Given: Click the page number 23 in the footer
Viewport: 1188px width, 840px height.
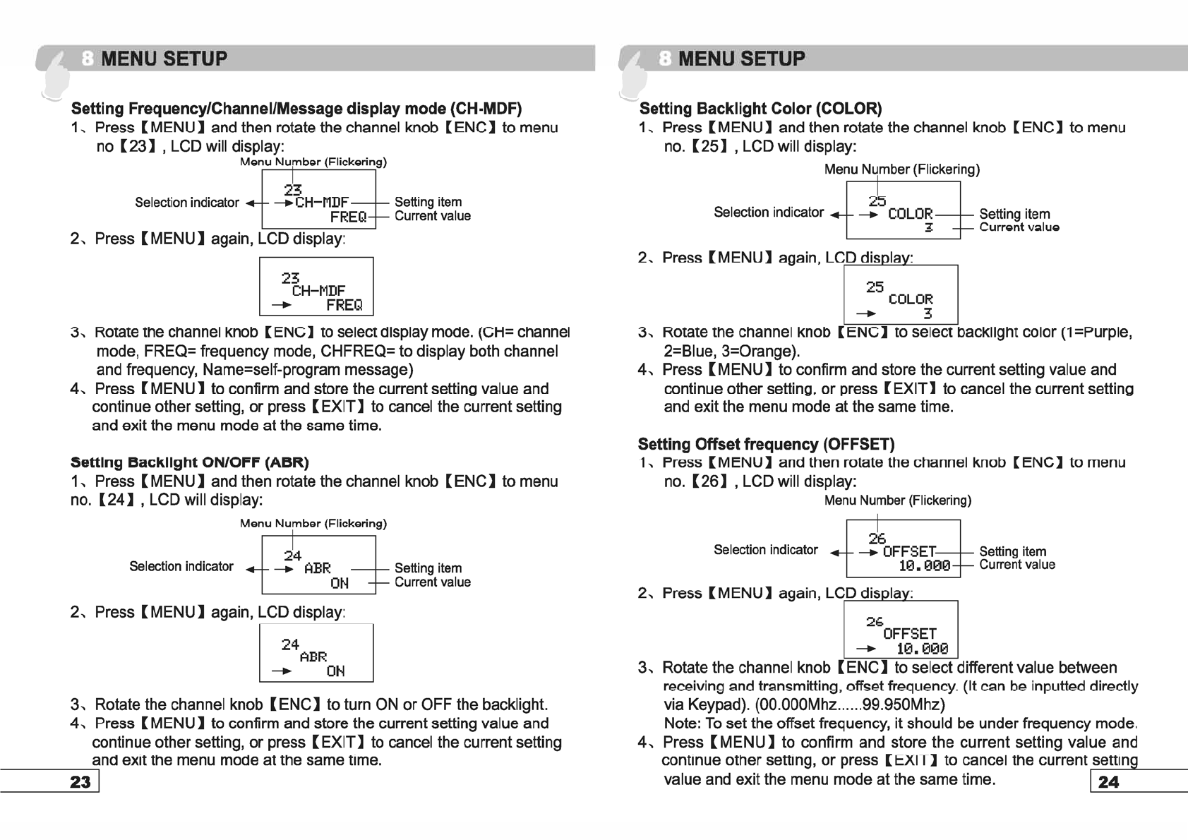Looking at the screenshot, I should pos(80,781).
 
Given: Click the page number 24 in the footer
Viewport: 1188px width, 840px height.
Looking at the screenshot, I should pos(1108,781).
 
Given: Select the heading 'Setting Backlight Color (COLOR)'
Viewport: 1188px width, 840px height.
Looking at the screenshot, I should pos(760,109).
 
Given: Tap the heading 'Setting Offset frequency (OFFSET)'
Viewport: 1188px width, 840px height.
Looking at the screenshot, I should pos(766,444).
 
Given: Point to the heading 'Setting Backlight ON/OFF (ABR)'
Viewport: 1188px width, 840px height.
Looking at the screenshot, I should pos(189,462).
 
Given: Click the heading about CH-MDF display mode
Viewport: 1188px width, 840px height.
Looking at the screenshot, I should pos(296,109).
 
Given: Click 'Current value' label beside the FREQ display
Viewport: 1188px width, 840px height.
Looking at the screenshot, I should pos(432,216).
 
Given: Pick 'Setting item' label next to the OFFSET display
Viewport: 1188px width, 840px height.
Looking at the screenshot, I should pos(1012,551).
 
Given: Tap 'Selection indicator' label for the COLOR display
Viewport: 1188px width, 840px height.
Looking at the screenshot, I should pos(768,212).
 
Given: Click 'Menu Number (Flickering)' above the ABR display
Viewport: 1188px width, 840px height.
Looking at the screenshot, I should pos(313,523).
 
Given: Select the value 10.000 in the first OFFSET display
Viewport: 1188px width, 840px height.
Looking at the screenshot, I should pos(924,565).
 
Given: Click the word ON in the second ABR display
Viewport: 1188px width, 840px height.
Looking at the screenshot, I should pos(335,671).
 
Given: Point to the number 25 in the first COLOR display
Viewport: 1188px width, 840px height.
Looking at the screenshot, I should pos(877,201).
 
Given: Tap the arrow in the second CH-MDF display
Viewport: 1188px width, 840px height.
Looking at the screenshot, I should pos(282,305).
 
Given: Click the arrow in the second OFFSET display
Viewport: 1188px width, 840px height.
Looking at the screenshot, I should pos(866,649).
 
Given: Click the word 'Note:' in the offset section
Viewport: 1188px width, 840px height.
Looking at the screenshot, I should pos(683,724).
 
